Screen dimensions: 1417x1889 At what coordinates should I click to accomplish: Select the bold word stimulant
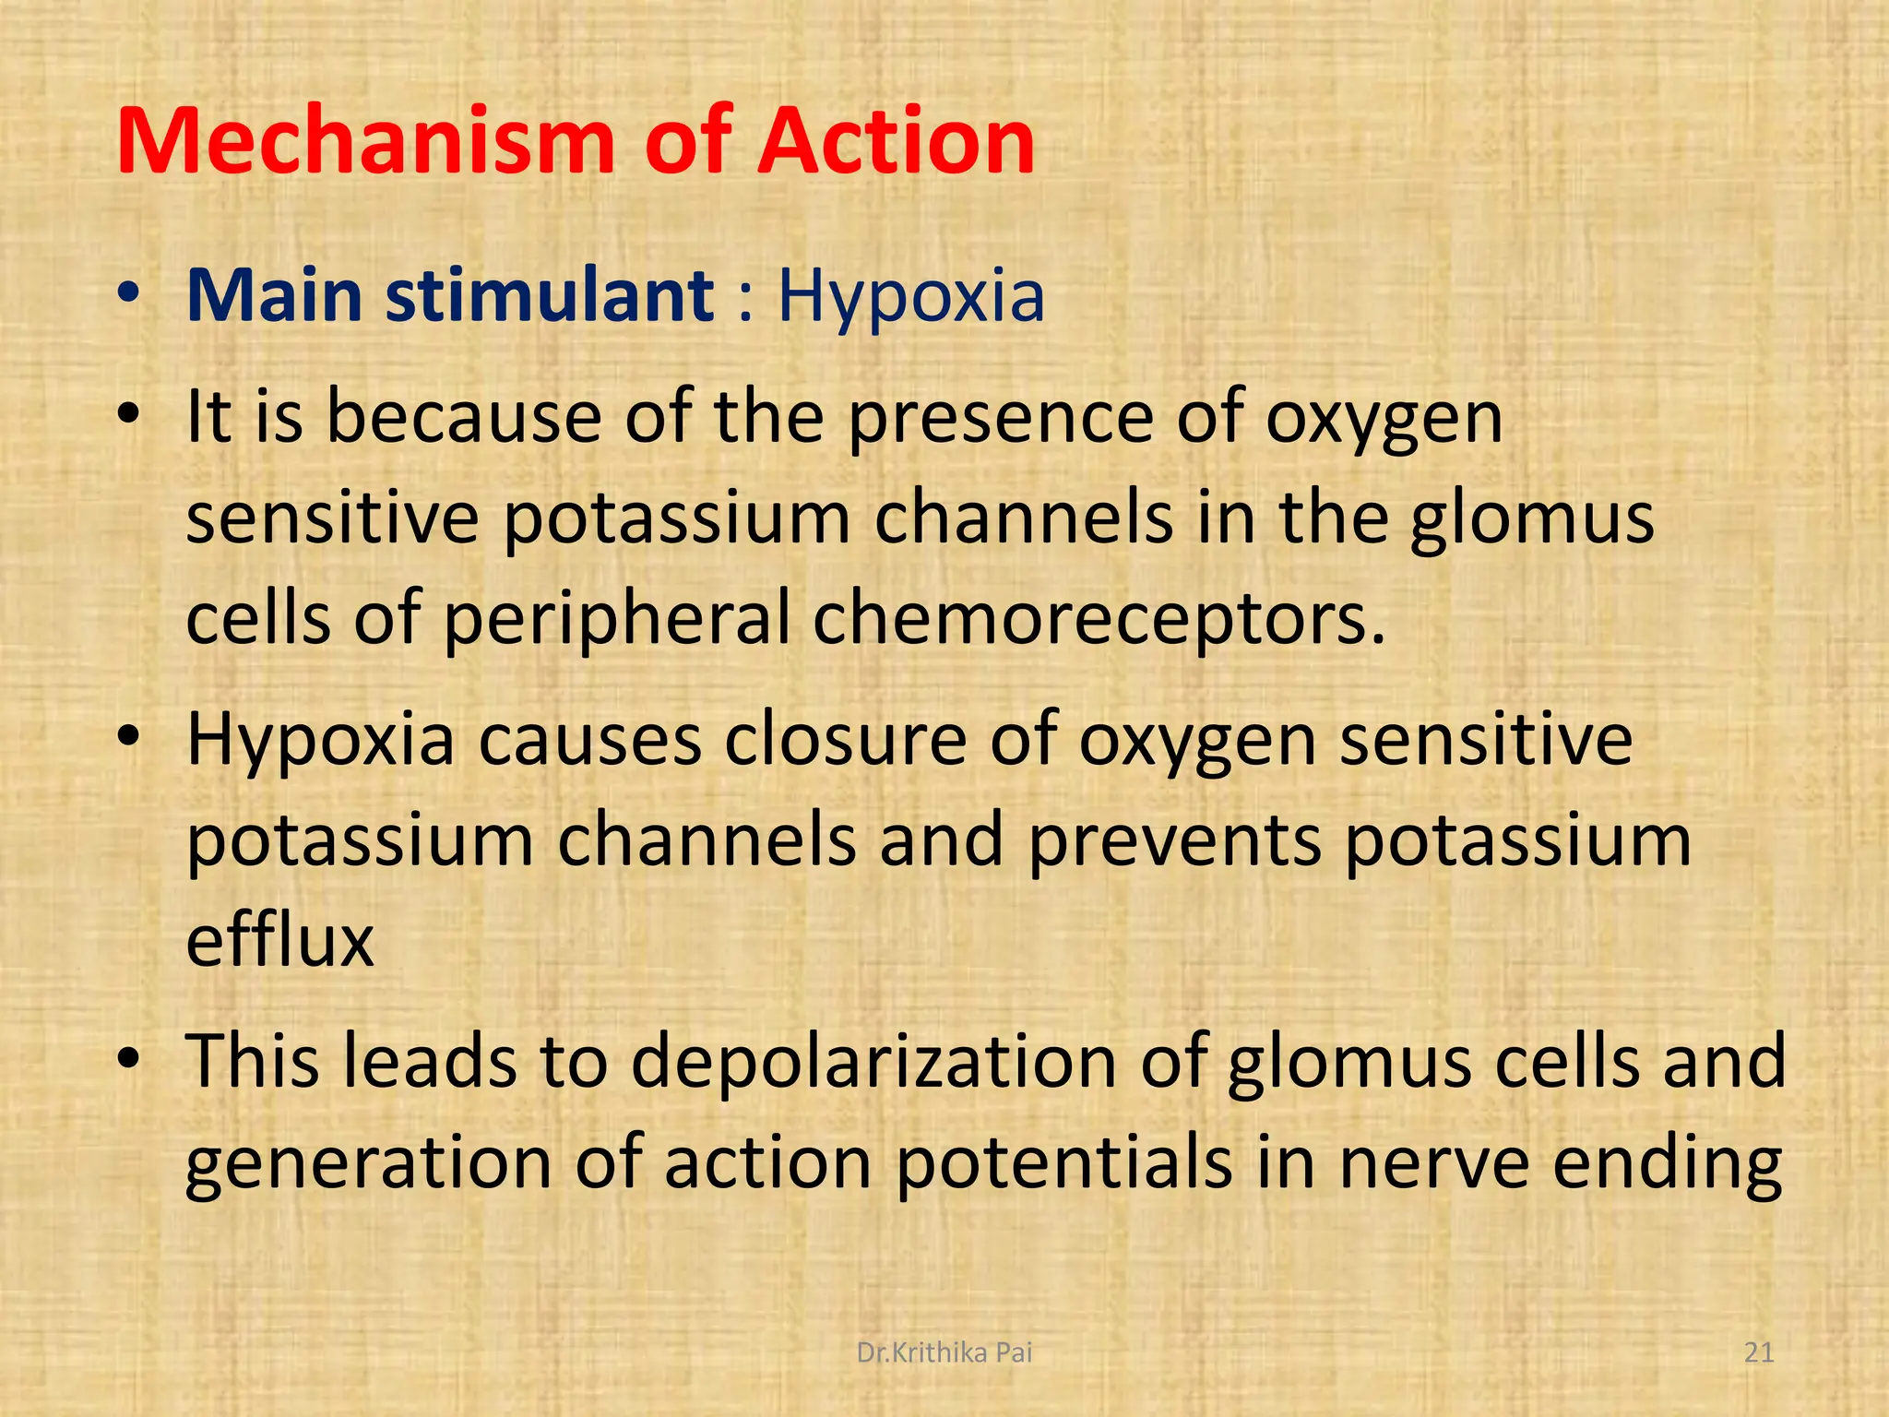tap(550, 296)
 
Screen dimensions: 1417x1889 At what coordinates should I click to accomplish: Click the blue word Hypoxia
tap(911, 298)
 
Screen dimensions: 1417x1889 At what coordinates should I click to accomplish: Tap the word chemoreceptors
tap(1099, 618)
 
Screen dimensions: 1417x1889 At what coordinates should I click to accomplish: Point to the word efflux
tap(280, 940)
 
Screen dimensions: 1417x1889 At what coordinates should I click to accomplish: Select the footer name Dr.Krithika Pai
tap(944, 1352)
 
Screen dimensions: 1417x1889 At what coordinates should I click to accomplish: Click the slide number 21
tap(1759, 1352)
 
